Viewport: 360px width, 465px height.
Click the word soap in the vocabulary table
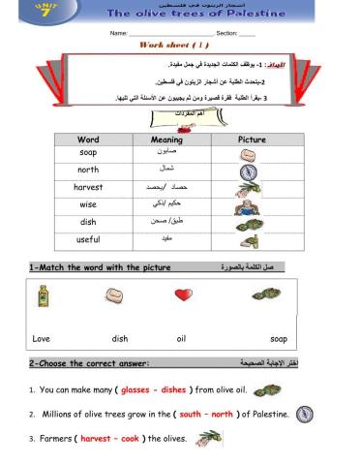[x=88, y=153]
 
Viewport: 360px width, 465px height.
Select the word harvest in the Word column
[x=88, y=187]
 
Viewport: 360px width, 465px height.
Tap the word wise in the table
[x=88, y=204]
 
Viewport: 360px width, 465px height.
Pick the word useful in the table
[x=88, y=239]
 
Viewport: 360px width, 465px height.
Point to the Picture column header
[x=253, y=139]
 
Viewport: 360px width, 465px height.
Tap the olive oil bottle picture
[x=43, y=295]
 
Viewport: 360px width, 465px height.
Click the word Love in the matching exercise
[x=41, y=339]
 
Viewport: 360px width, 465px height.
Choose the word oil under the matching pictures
[x=181, y=339]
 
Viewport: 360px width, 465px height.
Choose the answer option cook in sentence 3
[x=130, y=439]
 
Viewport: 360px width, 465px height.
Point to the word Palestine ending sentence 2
[x=267, y=415]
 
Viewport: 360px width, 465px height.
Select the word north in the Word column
[x=88, y=170]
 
